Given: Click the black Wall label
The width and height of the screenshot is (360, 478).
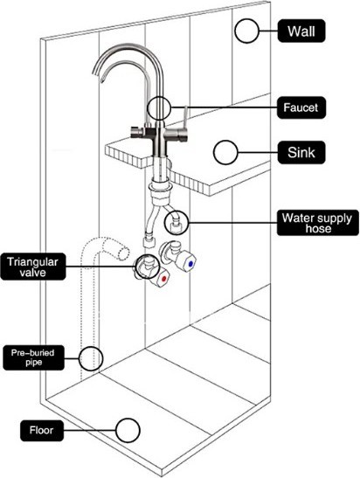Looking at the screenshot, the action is tap(301, 31).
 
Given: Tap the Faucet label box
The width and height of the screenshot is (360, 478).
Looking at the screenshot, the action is tap(301, 107).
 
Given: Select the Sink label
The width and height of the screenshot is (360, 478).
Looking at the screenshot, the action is tap(301, 152).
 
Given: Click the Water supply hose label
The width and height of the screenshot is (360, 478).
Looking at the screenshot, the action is tap(318, 223).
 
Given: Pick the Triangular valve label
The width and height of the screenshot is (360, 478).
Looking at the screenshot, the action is tap(33, 267).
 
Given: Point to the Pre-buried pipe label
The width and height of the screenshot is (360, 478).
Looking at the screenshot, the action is tap(33, 357).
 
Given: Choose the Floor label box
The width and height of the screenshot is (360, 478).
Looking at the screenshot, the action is tap(42, 431).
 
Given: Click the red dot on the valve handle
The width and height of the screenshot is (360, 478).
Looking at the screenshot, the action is tap(163, 278).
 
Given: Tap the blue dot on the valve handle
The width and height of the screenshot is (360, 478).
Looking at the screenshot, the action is tap(191, 264).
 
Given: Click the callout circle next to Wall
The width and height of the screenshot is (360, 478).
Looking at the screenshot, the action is tap(246, 31).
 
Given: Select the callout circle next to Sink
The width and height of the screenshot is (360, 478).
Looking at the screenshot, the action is tap(225, 152).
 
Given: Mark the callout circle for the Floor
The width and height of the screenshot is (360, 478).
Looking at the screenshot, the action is tap(128, 431).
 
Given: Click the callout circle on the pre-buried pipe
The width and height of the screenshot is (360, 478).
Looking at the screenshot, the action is tap(91, 358).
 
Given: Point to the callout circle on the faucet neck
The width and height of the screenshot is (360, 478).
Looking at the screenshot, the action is tap(158, 107).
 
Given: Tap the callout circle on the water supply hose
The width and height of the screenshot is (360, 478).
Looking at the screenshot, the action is tap(177, 223).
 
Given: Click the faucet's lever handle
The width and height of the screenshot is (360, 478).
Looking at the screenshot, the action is tap(184, 118).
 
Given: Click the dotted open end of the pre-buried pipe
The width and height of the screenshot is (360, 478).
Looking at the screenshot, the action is tap(124, 253).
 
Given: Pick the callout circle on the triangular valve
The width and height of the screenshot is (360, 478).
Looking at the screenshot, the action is tap(147, 267).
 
